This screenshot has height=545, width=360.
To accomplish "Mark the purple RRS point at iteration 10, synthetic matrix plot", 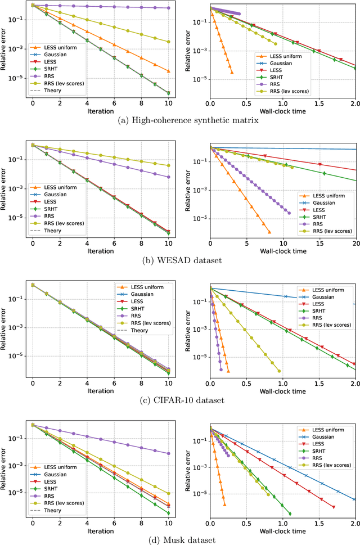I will [168, 8].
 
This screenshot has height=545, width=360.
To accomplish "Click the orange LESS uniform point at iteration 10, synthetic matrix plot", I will [168, 71].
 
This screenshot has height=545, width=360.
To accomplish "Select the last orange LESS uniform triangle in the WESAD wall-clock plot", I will [269, 232].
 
